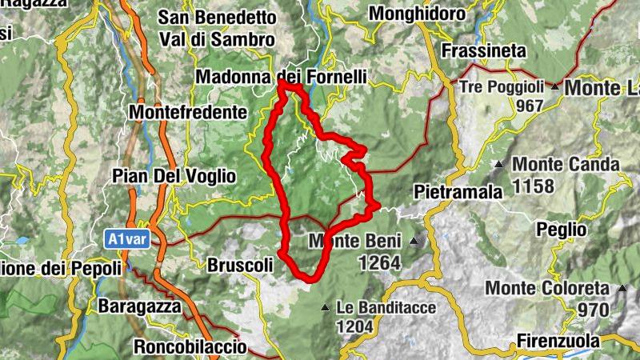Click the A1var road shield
127,238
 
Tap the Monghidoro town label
416,14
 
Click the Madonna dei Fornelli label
282,78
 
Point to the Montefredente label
186,112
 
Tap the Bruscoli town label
240,264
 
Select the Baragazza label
140,306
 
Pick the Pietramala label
458,192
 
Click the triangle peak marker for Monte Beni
414,241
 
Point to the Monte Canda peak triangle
499,165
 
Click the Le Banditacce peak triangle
324,307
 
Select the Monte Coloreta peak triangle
620,288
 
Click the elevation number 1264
378,262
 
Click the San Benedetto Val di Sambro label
217,28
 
